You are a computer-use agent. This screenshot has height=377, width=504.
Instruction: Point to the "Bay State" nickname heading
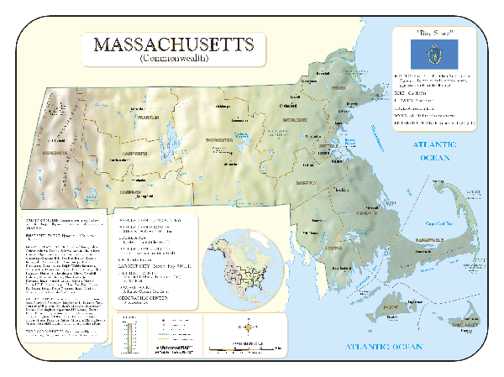435,32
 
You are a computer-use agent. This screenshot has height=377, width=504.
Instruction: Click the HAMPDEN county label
129,191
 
